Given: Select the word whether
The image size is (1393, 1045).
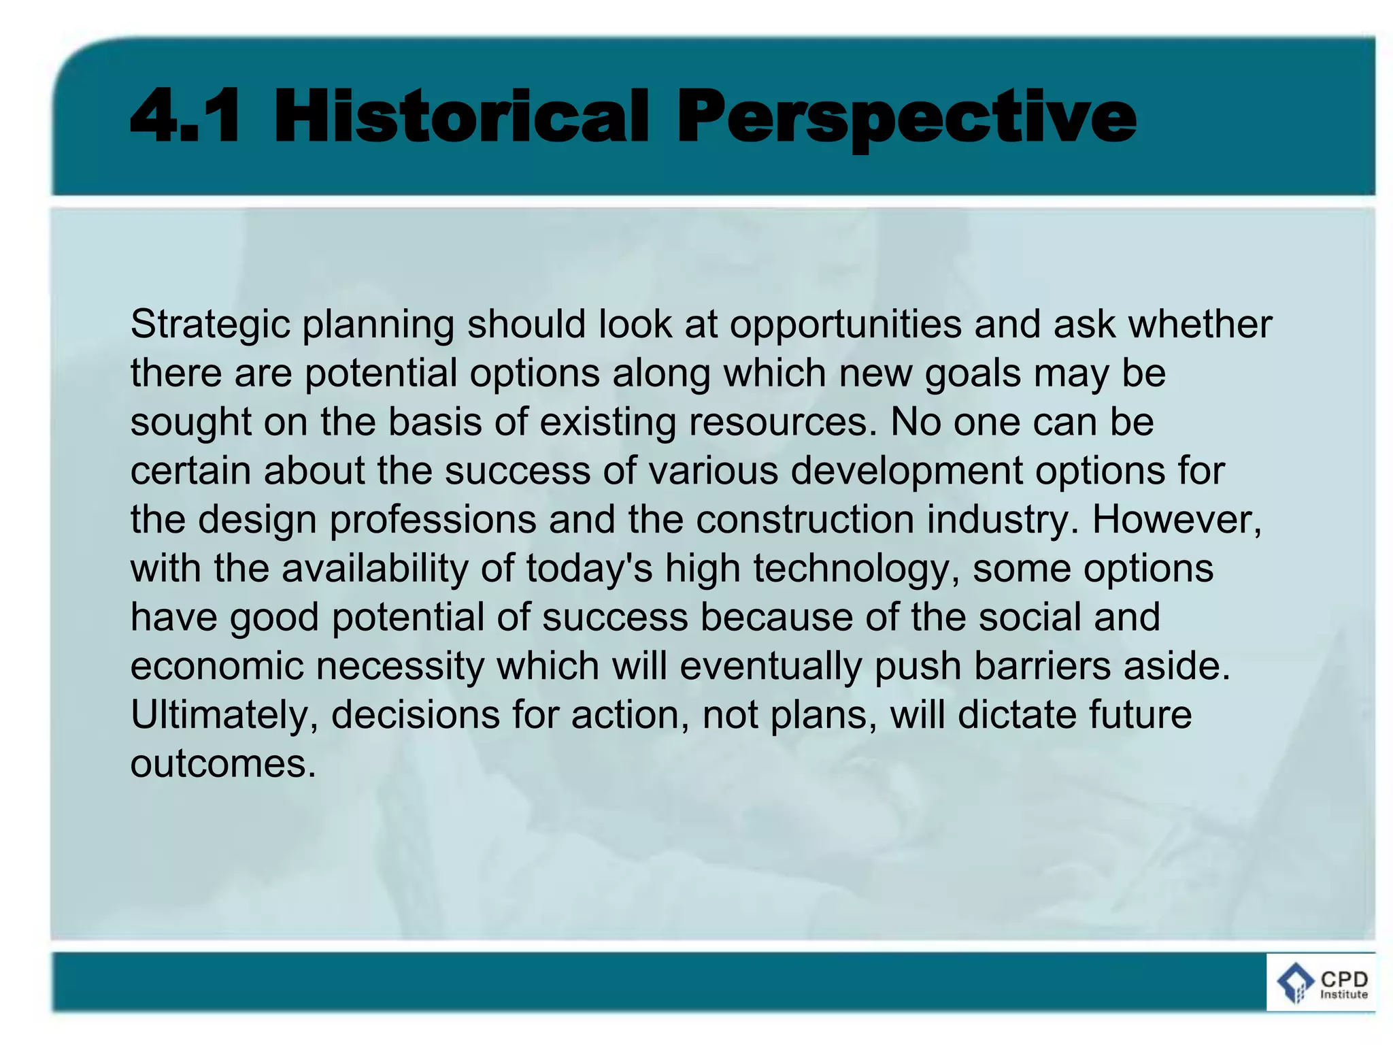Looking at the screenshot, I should coord(1200,324).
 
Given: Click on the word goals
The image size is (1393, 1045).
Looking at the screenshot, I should coord(973,374).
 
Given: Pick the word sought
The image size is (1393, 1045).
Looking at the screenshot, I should coord(191,422).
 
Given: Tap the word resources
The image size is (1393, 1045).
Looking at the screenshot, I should coord(782,422).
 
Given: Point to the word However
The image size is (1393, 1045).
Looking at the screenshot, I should coord(1177,519).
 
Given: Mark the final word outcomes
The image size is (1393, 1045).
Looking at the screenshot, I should coord(222,764).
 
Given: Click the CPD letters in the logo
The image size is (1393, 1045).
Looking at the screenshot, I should coord(1344,980).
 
